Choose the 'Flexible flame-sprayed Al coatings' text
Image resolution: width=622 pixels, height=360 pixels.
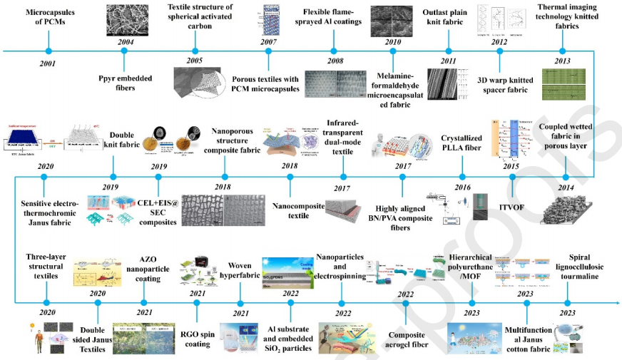coord(332,17)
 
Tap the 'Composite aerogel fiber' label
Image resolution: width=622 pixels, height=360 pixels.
coord(406,339)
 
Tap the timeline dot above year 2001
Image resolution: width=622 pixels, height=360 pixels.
coord(48,51)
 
